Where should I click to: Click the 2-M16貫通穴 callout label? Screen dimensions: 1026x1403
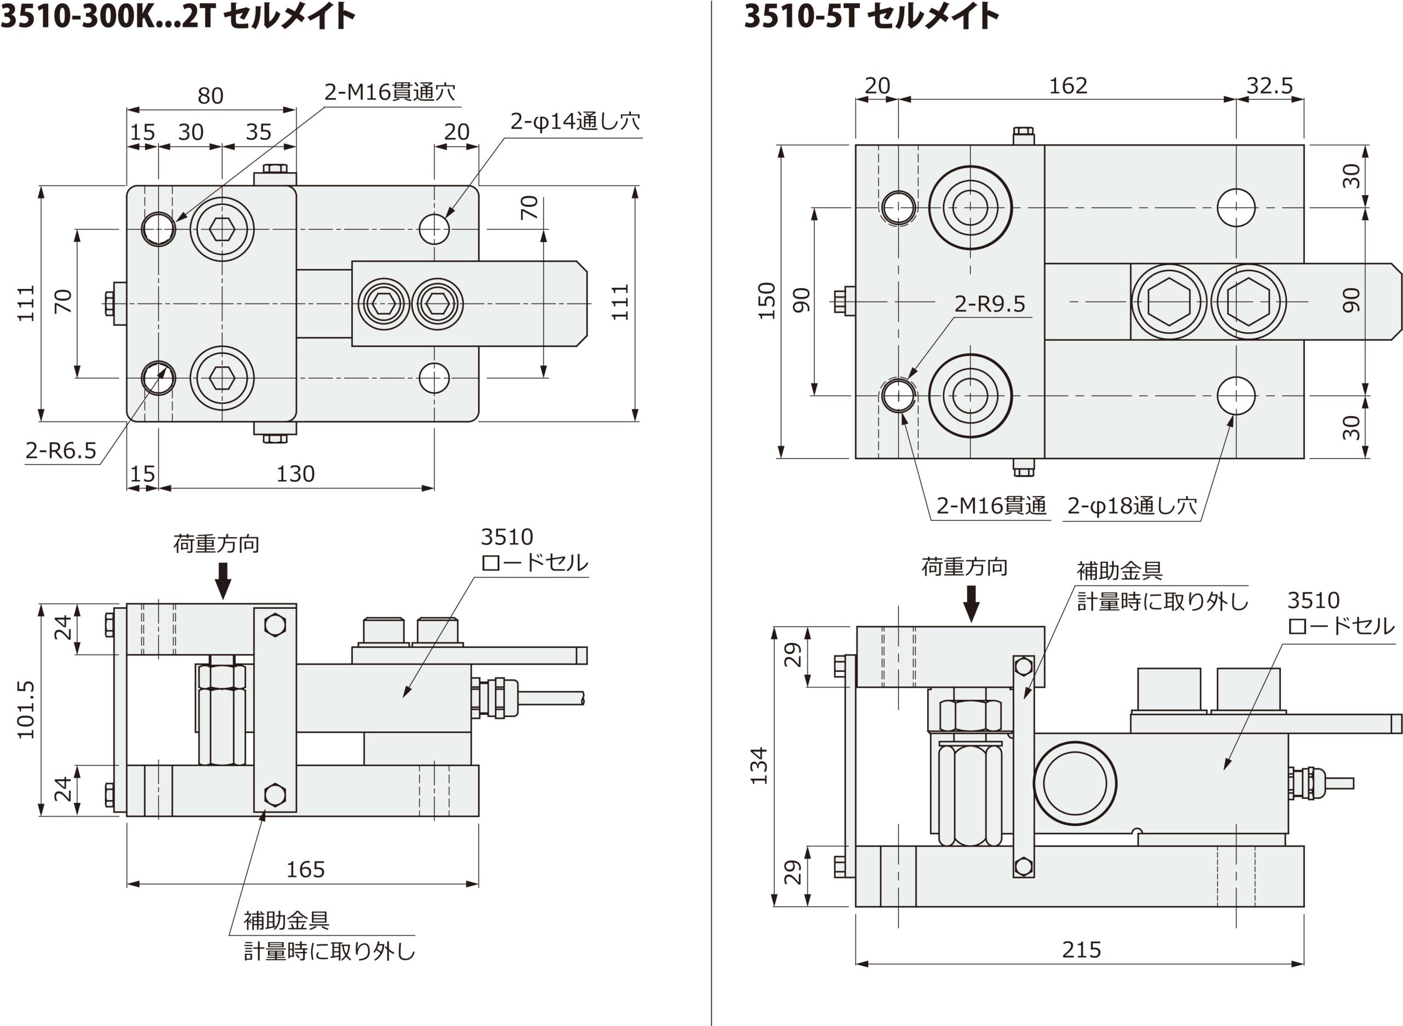click(390, 93)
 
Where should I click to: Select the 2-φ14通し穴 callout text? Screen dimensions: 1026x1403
click(574, 121)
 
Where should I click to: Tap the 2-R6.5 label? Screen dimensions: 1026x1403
click(61, 451)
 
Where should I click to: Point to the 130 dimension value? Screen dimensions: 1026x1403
click(295, 474)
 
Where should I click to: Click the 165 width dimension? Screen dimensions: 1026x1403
click(305, 869)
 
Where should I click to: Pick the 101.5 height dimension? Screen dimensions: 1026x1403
click(26, 709)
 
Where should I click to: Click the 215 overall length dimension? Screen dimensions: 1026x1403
click(1081, 950)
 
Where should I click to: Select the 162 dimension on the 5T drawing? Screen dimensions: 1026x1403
click(1068, 86)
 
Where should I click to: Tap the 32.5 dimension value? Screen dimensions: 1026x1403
click(1269, 86)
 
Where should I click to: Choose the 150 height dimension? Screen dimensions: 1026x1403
click(768, 301)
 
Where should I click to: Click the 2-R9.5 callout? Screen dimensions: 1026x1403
click(989, 304)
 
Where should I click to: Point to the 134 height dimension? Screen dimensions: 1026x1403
click(760, 766)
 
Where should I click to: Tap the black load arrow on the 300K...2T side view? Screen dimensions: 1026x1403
click(223, 580)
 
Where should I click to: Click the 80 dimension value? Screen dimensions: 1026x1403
click(210, 96)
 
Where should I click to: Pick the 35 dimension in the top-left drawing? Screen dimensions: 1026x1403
click(258, 132)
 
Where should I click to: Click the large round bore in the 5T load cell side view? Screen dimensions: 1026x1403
click(1075, 783)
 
